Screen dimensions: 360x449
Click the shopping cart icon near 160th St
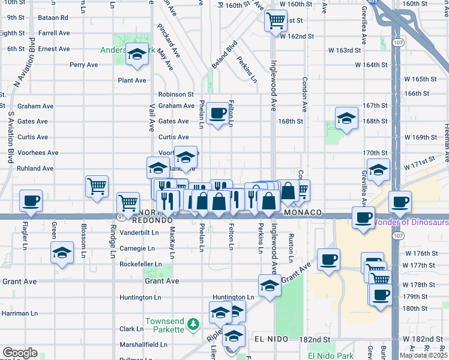pos(276,20)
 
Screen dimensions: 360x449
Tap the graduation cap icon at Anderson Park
pos(137,55)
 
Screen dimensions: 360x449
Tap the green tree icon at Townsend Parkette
pos(193,325)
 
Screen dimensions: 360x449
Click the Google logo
pos(20,353)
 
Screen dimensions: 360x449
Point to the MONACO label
pos(303,213)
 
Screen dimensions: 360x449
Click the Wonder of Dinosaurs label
pos(412,223)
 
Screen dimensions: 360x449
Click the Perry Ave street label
pos(83,65)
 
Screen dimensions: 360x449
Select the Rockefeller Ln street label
pos(140,264)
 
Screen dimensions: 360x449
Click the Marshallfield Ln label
pos(143,345)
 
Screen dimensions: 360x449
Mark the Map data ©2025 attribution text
pos(423,355)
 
